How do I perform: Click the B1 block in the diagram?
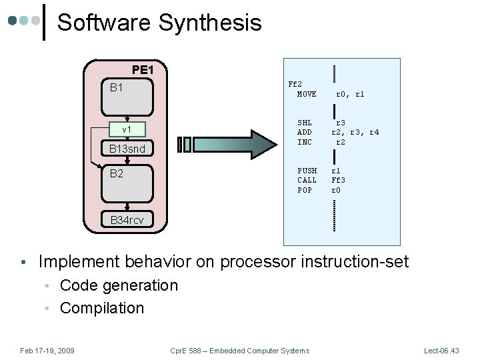(x=127, y=97)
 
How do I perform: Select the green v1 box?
(x=127, y=129)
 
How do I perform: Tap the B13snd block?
(x=127, y=149)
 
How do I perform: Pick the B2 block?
(x=127, y=184)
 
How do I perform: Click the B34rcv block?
(x=127, y=219)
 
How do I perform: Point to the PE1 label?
(x=143, y=70)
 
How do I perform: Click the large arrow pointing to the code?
(x=227, y=145)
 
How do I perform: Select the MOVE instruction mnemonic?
(x=307, y=94)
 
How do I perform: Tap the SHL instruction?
(x=305, y=123)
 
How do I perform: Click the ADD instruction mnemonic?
(x=305, y=132)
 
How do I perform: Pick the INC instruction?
(x=305, y=142)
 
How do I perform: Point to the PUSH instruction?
(x=307, y=171)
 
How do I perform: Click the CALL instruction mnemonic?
(x=307, y=180)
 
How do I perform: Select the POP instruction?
(x=305, y=190)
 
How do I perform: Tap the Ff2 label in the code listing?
(x=295, y=84)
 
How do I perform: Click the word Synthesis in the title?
(x=210, y=23)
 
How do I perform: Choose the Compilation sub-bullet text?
(x=102, y=308)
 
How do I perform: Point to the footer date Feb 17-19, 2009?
(x=47, y=351)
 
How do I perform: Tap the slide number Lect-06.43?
(x=441, y=351)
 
